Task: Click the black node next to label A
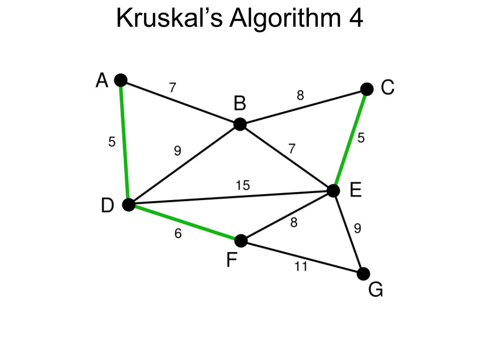(121, 80)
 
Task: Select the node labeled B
(240, 124)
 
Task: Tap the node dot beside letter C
(367, 89)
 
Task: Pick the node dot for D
(128, 205)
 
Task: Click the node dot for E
(333, 191)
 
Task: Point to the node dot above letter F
(240, 241)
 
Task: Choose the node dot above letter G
(363, 274)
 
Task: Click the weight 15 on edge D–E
(243, 186)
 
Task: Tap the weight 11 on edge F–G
(301, 267)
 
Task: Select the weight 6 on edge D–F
(178, 233)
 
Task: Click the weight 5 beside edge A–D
(112, 142)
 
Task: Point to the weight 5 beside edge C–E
(361, 138)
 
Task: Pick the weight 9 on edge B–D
(178, 151)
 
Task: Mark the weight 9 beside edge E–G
(358, 229)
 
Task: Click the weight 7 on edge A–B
(173, 87)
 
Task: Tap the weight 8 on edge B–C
(300, 96)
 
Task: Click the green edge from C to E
(350, 140)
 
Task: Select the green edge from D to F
(185, 223)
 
